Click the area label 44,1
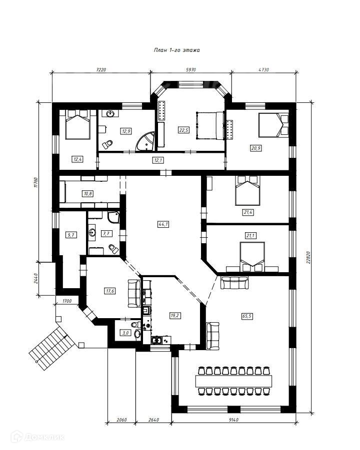[163, 224]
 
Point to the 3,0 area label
[125, 333]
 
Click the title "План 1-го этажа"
[176, 50]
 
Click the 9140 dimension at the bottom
[232, 420]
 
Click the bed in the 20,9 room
[273, 125]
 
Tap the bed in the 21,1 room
[254, 256]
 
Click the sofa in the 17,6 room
[134, 294]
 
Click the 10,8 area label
[88, 193]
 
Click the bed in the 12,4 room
[78, 126]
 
